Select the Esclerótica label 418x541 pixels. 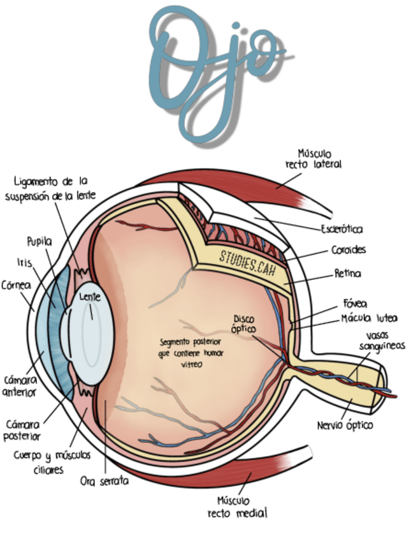(342, 229)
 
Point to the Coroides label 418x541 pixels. (349, 250)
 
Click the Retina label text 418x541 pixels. (348, 274)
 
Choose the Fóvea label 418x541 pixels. (355, 304)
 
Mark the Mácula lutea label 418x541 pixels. (369, 318)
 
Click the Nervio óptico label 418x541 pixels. (345, 425)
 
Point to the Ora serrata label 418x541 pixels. (104, 481)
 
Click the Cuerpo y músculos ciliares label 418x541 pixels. (52, 463)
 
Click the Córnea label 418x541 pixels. (17, 285)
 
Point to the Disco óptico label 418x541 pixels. (244, 323)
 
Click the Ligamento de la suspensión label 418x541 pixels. (50, 188)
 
